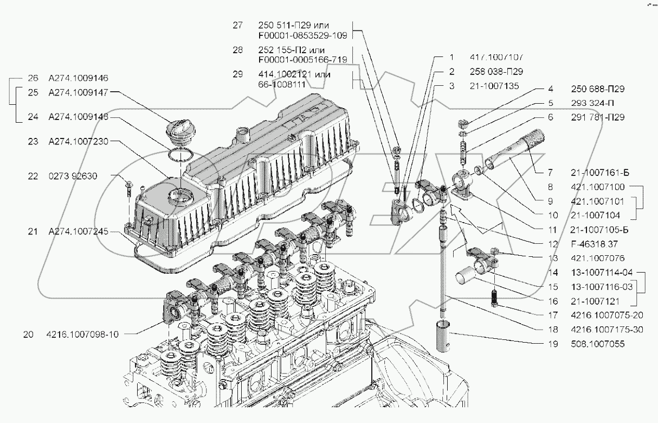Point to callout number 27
pyautogui.click(x=237, y=26)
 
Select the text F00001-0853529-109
pyautogui.click(x=304, y=35)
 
